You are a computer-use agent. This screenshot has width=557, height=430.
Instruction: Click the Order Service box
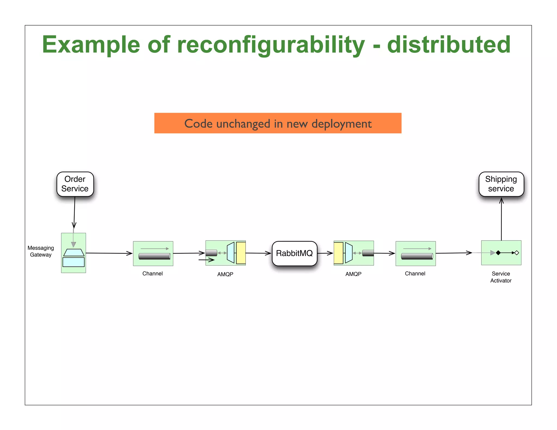pyautogui.click(x=75, y=184)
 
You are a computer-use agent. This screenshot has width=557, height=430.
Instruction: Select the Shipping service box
pyautogui.click(x=501, y=184)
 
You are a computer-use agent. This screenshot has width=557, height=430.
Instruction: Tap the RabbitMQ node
pyautogui.click(x=294, y=253)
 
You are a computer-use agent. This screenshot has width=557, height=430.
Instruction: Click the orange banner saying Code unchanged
pyautogui.click(x=278, y=123)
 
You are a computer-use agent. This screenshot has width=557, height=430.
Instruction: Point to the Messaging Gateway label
pyautogui.click(x=41, y=251)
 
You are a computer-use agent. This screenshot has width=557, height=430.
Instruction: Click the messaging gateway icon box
pyautogui.click(x=73, y=253)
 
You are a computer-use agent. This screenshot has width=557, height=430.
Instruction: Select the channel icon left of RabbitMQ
pyautogui.click(x=153, y=253)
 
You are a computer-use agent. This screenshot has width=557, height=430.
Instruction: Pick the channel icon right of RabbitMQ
pyautogui.click(x=416, y=253)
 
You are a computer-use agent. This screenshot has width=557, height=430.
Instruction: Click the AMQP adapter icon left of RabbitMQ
pyautogui.click(x=225, y=253)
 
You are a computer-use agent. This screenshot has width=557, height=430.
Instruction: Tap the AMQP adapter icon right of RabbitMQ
pyautogui.click(x=354, y=253)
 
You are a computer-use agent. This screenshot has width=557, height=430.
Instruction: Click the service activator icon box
pyautogui.click(x=501, y=253)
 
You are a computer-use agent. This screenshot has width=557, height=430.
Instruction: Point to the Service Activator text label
pyautogui.click(x=501, y=277)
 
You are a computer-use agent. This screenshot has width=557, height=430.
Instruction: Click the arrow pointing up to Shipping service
pyautogui.click(x=501, y=219)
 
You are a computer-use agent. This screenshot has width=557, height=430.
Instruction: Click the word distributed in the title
pyautogui.click(x=448, y=45)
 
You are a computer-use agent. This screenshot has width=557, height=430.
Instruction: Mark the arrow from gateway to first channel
pyautogui.click(x=109, y=253)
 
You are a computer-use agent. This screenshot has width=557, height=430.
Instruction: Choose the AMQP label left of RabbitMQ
pyautogui.click(x=225, y=274)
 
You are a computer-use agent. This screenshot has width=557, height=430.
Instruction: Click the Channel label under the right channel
pyautogui.click(x=415, y=273)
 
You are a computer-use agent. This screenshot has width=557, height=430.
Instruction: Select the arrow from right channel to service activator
pyautogui.click(x=453, y=253)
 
